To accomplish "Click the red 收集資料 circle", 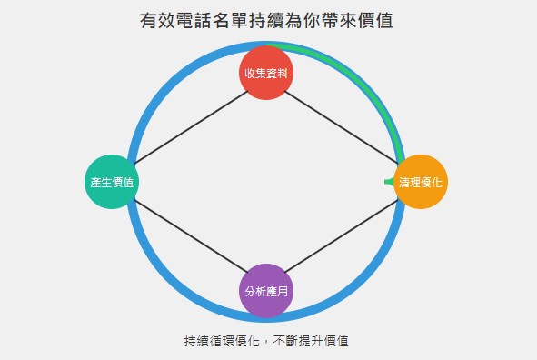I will click(266, 72).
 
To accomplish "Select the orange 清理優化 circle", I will click(422, 182).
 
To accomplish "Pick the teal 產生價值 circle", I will click(112, 182).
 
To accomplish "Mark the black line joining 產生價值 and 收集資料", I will click(189, 126).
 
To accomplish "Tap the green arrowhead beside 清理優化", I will click(389, 182).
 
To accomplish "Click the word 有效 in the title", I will click(154, 19).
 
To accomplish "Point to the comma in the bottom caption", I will click(266, 343).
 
